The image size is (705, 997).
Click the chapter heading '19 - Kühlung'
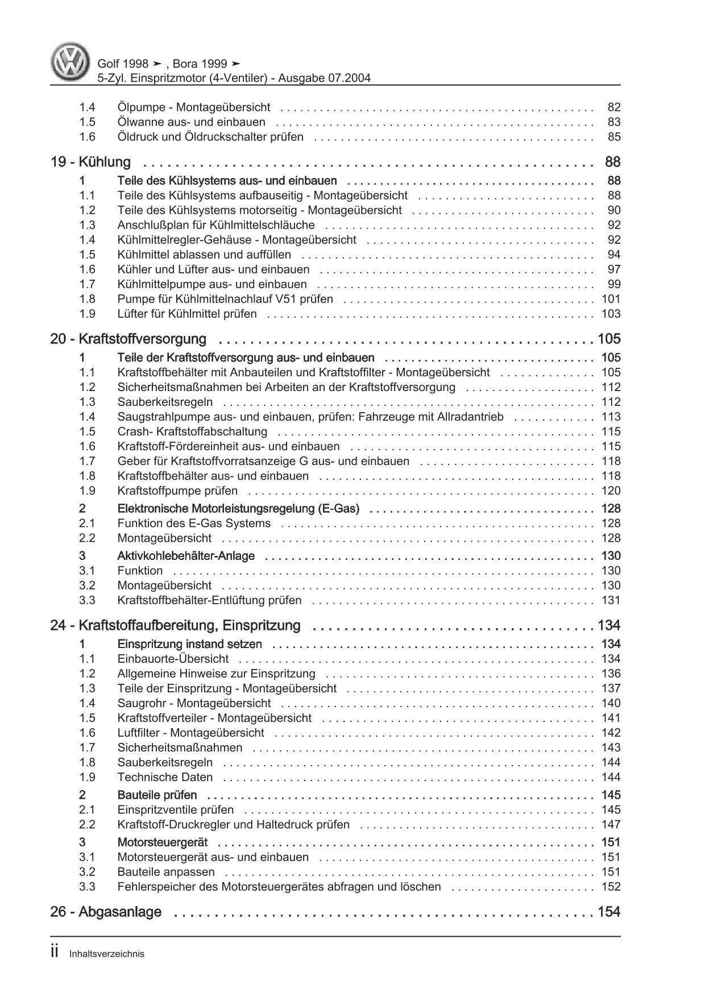[90, 162]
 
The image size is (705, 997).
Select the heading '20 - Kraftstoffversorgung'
[128, 339]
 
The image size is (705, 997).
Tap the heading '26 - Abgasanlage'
[106, 912]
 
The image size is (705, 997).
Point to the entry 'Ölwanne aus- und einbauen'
[191, 122]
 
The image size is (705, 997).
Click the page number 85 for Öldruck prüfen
[614, 137]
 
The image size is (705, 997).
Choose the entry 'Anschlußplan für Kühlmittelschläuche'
[216, 225]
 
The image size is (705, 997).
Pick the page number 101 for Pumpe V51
[611, 299]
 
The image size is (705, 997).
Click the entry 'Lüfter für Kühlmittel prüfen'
[187, 314]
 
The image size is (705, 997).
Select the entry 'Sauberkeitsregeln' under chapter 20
[165, 402]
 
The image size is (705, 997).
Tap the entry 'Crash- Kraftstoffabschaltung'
[192, 432]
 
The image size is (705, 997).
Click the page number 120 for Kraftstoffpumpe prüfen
[611, 491]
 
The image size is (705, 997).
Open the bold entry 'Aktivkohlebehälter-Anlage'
[186, 556]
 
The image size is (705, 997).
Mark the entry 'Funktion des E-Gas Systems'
[194, 524]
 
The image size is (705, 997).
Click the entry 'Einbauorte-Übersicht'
[173, 659]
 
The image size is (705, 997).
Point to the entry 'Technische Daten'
[165, 778]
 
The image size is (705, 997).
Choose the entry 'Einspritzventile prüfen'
[175, 810]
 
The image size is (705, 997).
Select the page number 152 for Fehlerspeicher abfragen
[611, 887]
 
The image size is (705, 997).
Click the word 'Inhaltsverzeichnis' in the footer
[106, 954]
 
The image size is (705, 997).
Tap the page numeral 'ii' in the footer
[55, 953]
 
